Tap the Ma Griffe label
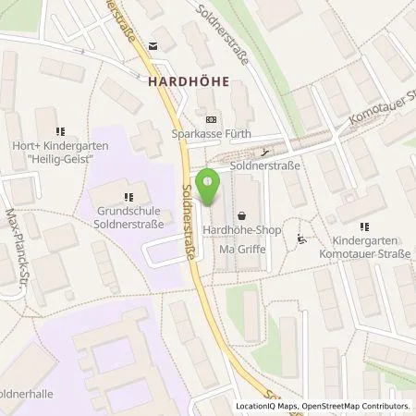pyautogui.click(x=241, y=248)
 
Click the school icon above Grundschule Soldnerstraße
pyautogui.click(x=128, y=195)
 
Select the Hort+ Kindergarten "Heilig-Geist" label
pyautogui.click(x=61, y=153)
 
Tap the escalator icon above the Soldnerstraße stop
pyautogui.click(x=265, y=153)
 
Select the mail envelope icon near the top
pyautogui.click(x=153, y=44)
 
